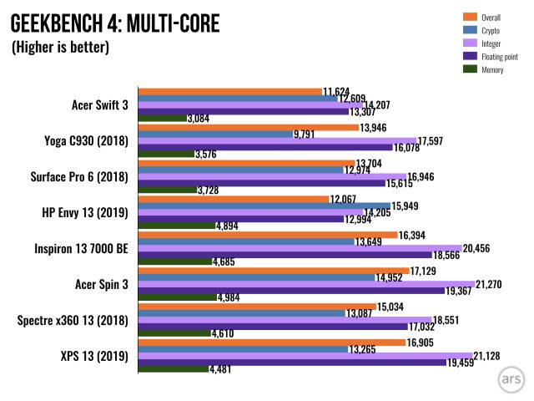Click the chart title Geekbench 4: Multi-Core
point(115,23)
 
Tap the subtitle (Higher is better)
point(60,47)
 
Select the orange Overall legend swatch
point(470,17)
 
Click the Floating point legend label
point(500,57)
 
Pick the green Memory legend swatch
point(470,69)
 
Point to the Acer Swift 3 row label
point(100,105)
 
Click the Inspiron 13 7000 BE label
point(81,249)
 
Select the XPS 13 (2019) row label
point(94,357)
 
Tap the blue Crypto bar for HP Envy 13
point(264,206)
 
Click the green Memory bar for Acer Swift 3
point(163,119)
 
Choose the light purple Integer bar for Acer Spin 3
point(306,284)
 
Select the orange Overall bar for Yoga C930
point(249,128)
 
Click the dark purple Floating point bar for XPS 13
point(292,363)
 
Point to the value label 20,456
point(476,249)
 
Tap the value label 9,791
point(304,135)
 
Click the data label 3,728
point(208,190)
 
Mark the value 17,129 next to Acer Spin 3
point(423,271)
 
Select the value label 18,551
point(446,320)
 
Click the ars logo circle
point(511,379)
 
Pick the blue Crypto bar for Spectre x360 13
point(242,313)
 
